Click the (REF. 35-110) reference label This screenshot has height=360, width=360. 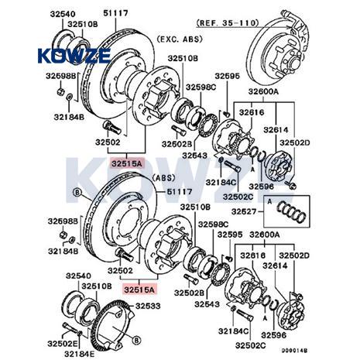coord(228,23)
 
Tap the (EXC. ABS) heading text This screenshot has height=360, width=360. coord(180,39)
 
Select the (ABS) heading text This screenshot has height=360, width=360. coord(163,178)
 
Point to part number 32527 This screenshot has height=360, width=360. coord(244,211)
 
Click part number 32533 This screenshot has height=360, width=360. coord(148,306)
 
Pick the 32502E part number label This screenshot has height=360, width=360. coord(63,344)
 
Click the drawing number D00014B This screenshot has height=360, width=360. coord(294,351)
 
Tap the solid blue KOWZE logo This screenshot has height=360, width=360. coord(74,56)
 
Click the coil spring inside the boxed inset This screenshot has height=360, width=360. coord(291,212)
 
